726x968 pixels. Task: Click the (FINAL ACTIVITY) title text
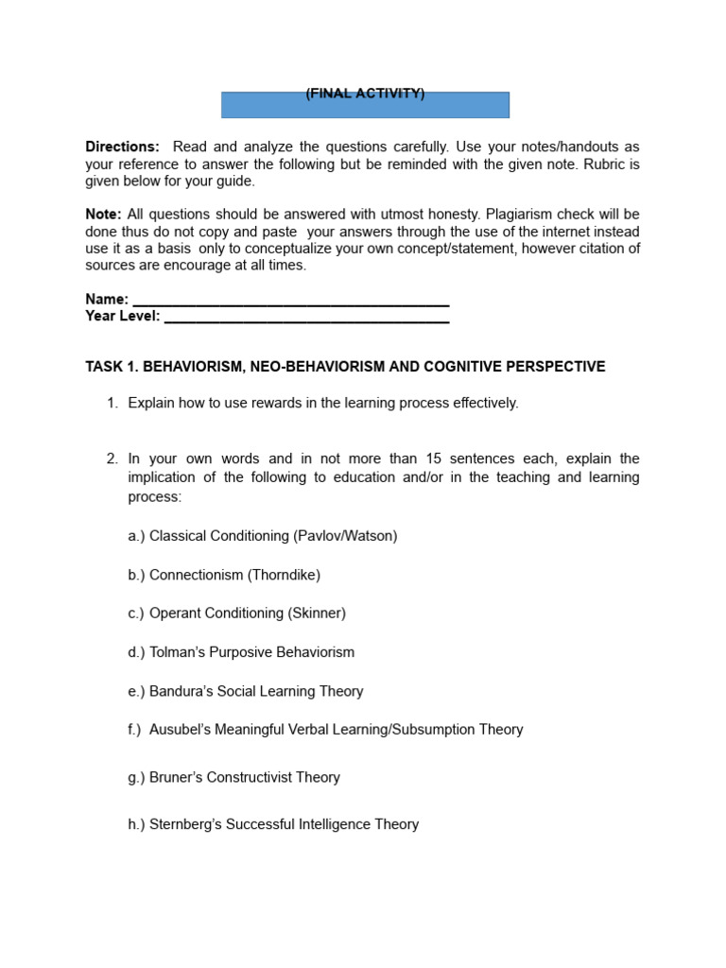pyautogui.click(x=365, y=94)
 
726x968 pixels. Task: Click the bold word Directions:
pyautogui.click(x=122, y=147)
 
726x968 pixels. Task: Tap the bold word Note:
pyautogui.click(x=103, y=215)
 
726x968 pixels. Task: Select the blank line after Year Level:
pyautogui.click(x=306, y=317)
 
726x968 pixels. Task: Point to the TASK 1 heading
pyautogui.click(x=345, y=367)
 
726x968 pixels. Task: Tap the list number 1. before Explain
pyautogui.click(x=112, y=404)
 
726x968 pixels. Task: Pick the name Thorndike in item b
pyautogui.click(x=284, y=575)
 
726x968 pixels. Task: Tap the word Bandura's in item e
pyautogui.click(x=181, y=691)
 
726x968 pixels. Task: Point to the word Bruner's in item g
pyautogui.click(x=177, y=777)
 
